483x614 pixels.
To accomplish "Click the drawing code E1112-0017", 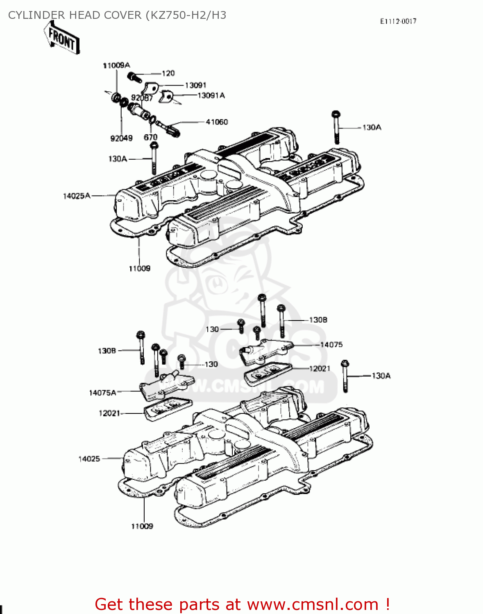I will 398,21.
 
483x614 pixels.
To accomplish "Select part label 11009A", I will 116,65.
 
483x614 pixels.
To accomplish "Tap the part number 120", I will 168,73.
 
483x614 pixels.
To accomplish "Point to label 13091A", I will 211,95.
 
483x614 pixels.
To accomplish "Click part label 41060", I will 217,122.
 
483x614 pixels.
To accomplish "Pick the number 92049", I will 121,138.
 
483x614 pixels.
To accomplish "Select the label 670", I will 150,138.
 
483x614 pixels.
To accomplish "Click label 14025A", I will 77,196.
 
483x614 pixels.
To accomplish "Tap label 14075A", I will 102,393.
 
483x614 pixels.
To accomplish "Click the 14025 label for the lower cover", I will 89,459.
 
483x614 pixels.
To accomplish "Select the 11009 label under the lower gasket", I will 142,526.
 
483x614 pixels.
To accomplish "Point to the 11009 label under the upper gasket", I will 139,269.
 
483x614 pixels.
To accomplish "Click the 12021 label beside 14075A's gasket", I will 109,413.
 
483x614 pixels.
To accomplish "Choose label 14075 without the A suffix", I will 331,345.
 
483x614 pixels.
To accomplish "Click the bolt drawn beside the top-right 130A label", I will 336,127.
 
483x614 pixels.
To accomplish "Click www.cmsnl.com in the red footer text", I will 313,604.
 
